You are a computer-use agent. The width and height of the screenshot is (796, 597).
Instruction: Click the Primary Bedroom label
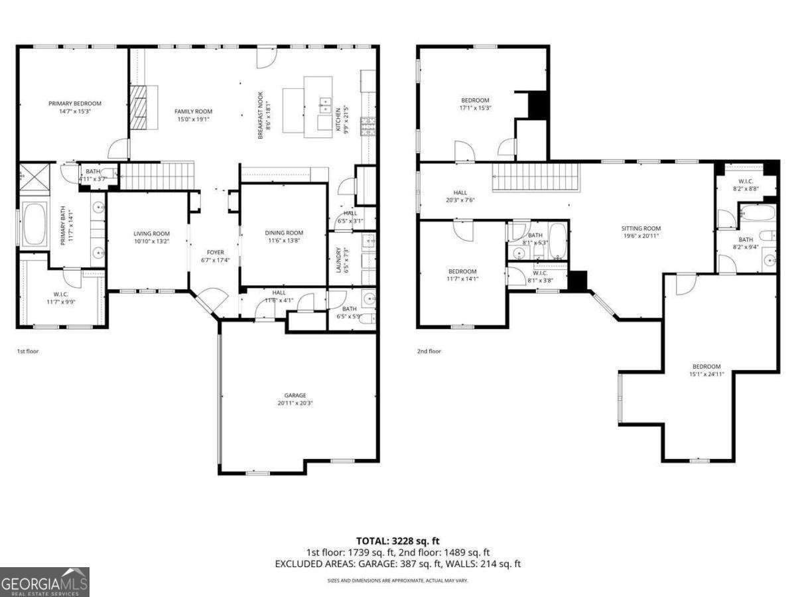75,103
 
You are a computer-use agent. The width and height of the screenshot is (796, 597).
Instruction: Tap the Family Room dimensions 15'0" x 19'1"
193,119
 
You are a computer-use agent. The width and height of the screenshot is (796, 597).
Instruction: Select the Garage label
295,395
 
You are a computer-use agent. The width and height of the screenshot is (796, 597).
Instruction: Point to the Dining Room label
284,233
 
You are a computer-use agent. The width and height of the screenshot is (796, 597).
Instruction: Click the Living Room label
151,233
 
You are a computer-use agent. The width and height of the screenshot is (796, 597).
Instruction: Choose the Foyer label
214,252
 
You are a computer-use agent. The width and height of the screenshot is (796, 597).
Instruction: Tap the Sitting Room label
641,228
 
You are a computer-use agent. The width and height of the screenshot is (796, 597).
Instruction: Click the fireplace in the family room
139,107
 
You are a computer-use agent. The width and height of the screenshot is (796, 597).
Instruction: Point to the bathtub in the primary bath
33,225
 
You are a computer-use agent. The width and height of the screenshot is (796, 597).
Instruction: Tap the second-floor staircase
535,177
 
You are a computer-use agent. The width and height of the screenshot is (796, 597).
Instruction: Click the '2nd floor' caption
429,351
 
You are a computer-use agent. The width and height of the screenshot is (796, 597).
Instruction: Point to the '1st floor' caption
28,351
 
